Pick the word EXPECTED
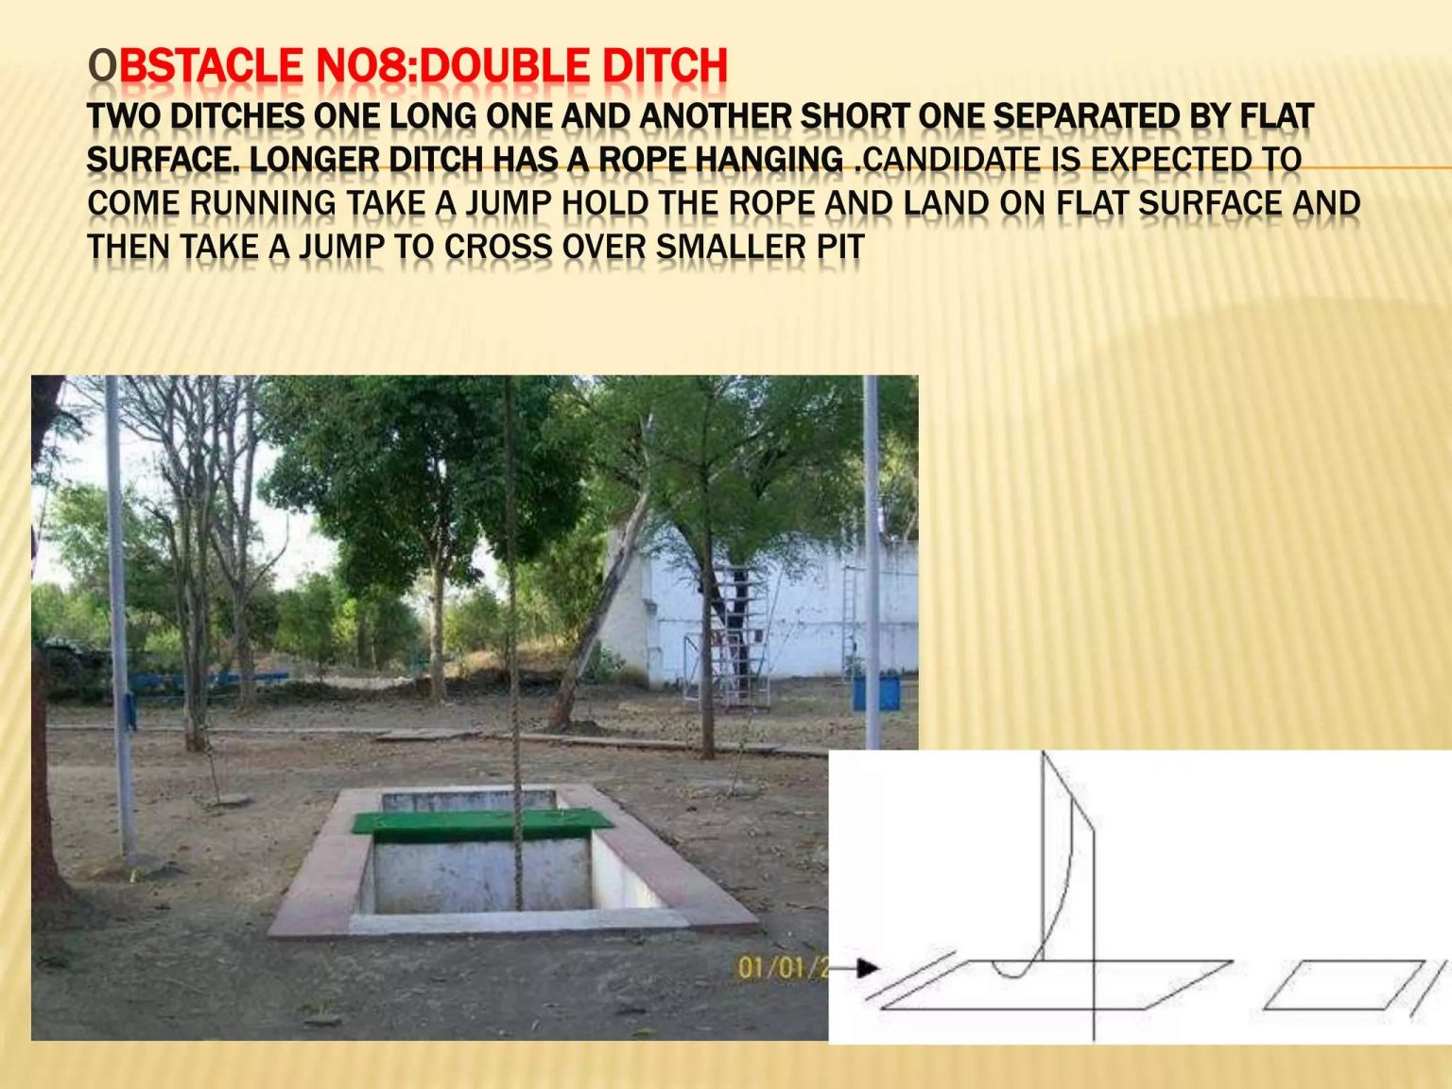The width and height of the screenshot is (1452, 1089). (1173, 160)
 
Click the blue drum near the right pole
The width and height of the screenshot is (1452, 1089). (877, 691)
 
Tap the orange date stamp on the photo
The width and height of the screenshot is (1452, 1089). (781, 968)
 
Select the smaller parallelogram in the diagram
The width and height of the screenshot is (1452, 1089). (1343, 985)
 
